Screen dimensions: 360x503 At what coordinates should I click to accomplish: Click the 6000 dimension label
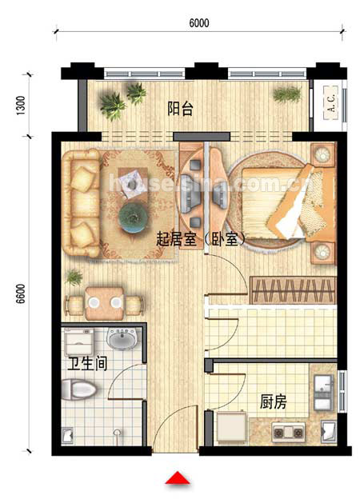[x=199, y=23]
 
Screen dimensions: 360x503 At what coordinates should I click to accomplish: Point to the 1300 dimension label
[x=20, y=106]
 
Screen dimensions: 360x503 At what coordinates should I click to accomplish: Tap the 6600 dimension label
[x=20, y=293]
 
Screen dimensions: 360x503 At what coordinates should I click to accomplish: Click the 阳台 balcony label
[x=180, y=109]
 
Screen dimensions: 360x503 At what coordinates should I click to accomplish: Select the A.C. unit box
[x=331, y=102]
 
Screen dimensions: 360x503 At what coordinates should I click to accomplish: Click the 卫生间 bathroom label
[x=87, y=364]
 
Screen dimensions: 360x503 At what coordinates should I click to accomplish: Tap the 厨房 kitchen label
[x=273, y=401]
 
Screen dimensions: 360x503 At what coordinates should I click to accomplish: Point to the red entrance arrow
[x=178, y=477]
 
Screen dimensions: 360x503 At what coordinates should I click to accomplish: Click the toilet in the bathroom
[x=78, y=389]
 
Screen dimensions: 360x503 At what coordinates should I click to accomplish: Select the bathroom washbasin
[x=123, y=338]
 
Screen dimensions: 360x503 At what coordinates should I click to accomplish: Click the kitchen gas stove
[x=288, y=433]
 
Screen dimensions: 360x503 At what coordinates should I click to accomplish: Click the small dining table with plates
[x=104, y=303]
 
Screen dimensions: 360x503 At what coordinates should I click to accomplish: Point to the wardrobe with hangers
[x=293, y=290]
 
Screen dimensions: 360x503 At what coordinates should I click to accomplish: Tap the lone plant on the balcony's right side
[x=287, y=94]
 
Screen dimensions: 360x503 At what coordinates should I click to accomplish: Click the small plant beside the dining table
[x=74, y=277]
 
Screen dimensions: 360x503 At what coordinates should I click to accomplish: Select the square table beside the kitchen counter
[x=232, y=427]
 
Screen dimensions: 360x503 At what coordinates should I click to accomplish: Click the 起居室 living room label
[x=176, y=239]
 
